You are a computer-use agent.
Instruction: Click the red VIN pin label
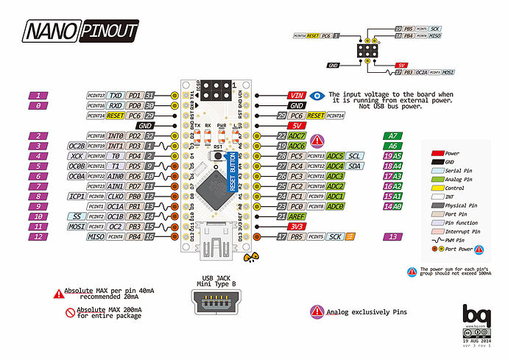point(297,96)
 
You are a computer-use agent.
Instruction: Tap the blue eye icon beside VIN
point(317,96)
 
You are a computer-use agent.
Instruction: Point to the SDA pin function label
point(354,166)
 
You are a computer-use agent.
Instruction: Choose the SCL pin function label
point(354,156)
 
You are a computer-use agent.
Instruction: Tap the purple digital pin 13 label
point(396,237)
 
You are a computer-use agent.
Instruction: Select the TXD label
point(115,96)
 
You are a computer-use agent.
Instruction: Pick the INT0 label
point(115,136)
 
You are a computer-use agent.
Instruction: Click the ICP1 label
point(76,197)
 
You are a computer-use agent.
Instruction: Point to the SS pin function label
point(76,216)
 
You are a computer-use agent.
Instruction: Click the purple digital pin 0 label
point(37,106)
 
